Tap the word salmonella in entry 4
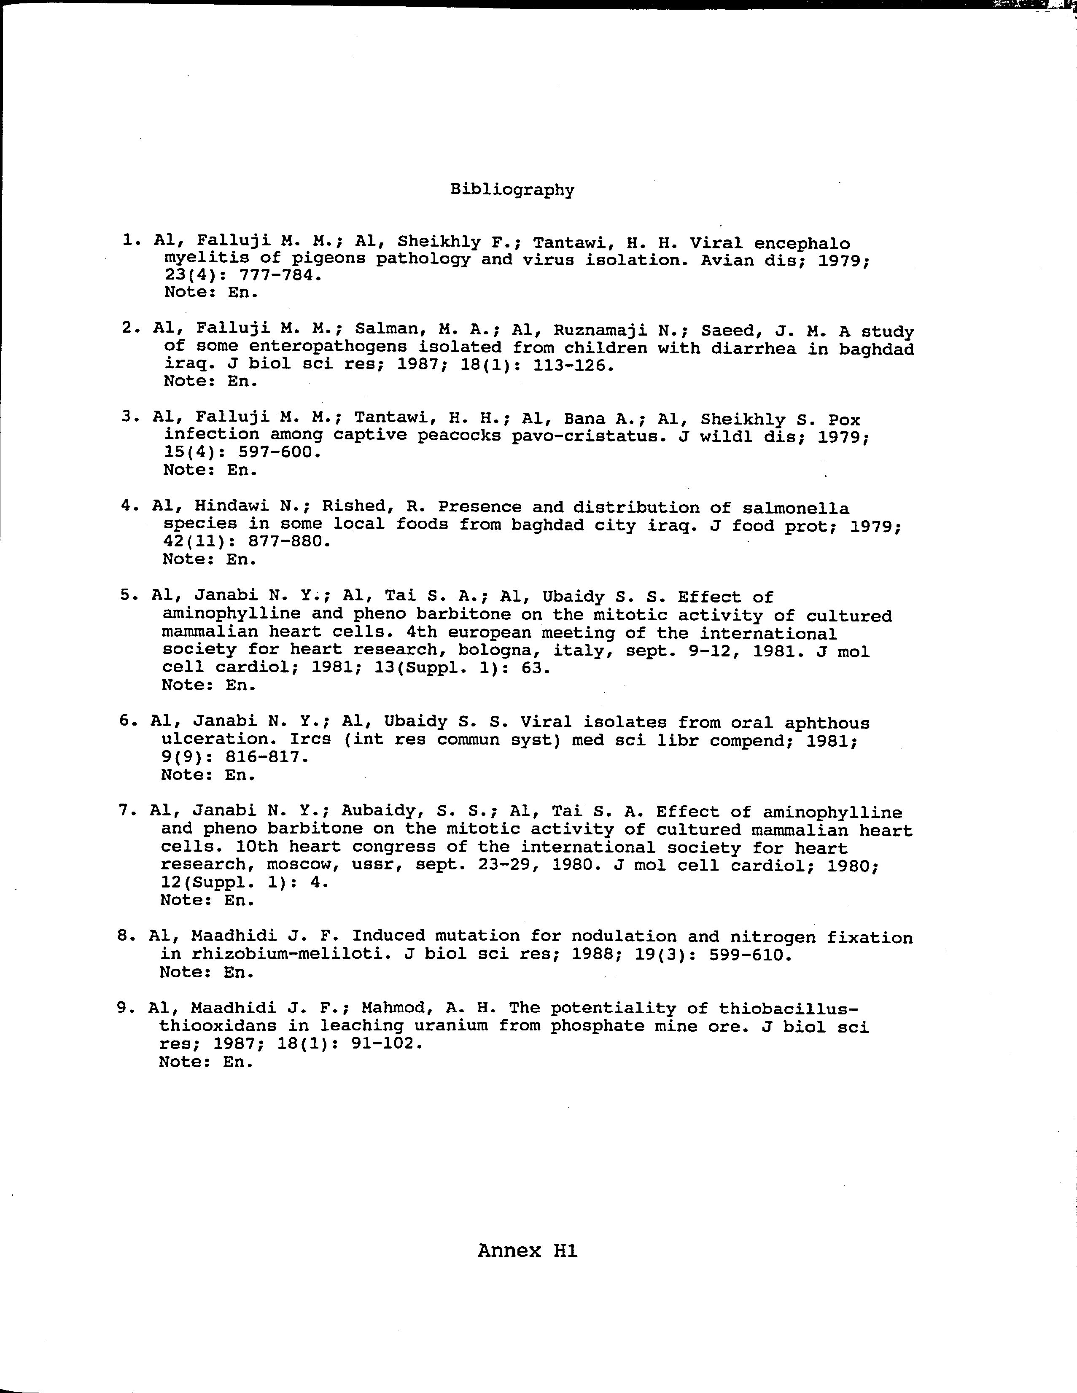coord(796,508)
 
